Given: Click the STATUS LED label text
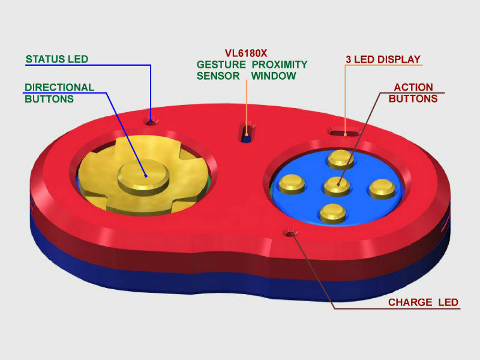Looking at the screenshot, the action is coord(57,59).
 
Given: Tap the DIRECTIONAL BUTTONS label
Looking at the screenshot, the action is coord(59,93).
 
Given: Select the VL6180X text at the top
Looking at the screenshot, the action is coord(246,53).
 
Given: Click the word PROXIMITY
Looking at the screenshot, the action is coord(279,65).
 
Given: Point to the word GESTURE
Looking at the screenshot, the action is coord(221,65).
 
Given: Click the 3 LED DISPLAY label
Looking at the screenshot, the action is coord(383,59).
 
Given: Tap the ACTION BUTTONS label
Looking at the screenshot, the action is coord(413,93).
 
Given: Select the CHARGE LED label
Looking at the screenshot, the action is coord(423,302).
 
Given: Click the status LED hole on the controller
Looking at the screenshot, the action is coord(151,122).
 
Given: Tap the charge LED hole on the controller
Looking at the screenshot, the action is coord(290,234).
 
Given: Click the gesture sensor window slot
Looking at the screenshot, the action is coord(246,133).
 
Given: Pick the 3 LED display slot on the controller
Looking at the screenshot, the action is coord(344,133).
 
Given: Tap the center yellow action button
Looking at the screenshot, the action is coord(337,186).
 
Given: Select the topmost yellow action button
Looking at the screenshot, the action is coord(341,159).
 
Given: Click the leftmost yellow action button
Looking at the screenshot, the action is coord(292,184).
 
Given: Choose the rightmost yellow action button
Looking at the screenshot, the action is coord(382,188).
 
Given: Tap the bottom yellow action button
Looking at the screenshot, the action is coord(333,213).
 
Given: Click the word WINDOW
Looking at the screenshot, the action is coord(274,76).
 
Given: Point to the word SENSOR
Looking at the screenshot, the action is coord(218,76).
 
